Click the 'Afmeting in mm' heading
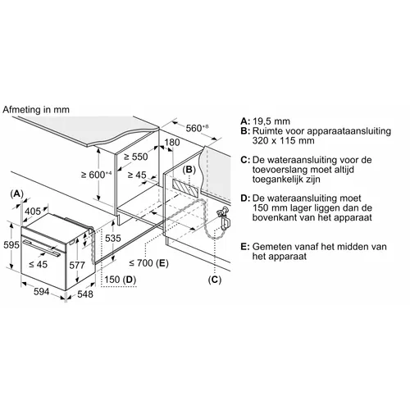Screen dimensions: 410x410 click(x=36, y=110)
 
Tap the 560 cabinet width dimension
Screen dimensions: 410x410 click(x=197, y=128)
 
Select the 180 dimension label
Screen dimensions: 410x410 click(x=172, y=143)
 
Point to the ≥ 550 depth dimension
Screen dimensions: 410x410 click(x=136, y=157)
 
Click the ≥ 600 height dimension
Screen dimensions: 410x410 click(x=97, y=175)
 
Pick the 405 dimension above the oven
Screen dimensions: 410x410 click(x=33, y=212)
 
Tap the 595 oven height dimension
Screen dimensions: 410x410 click(x=11, y=244)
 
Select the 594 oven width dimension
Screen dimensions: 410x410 click(x=42, y=292)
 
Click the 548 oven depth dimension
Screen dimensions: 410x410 click(x=85, y=294)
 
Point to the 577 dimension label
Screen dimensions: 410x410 click(x=77, y=265)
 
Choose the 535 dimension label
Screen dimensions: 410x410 click(x=113, y=238)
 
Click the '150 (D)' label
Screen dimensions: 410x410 click(x=120, y=280)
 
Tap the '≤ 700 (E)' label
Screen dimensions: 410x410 click(x=149, y=263)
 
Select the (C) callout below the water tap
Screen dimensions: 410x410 click(x=215, y=280)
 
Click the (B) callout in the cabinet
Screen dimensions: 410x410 click(x=189, y=170)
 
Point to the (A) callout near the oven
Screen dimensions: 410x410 click(x=16, y=194)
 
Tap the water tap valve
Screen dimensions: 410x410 click(x=224, y=217)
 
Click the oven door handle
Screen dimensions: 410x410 click(x=42, y=248)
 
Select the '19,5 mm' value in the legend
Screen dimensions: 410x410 click(x=271, y=121)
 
